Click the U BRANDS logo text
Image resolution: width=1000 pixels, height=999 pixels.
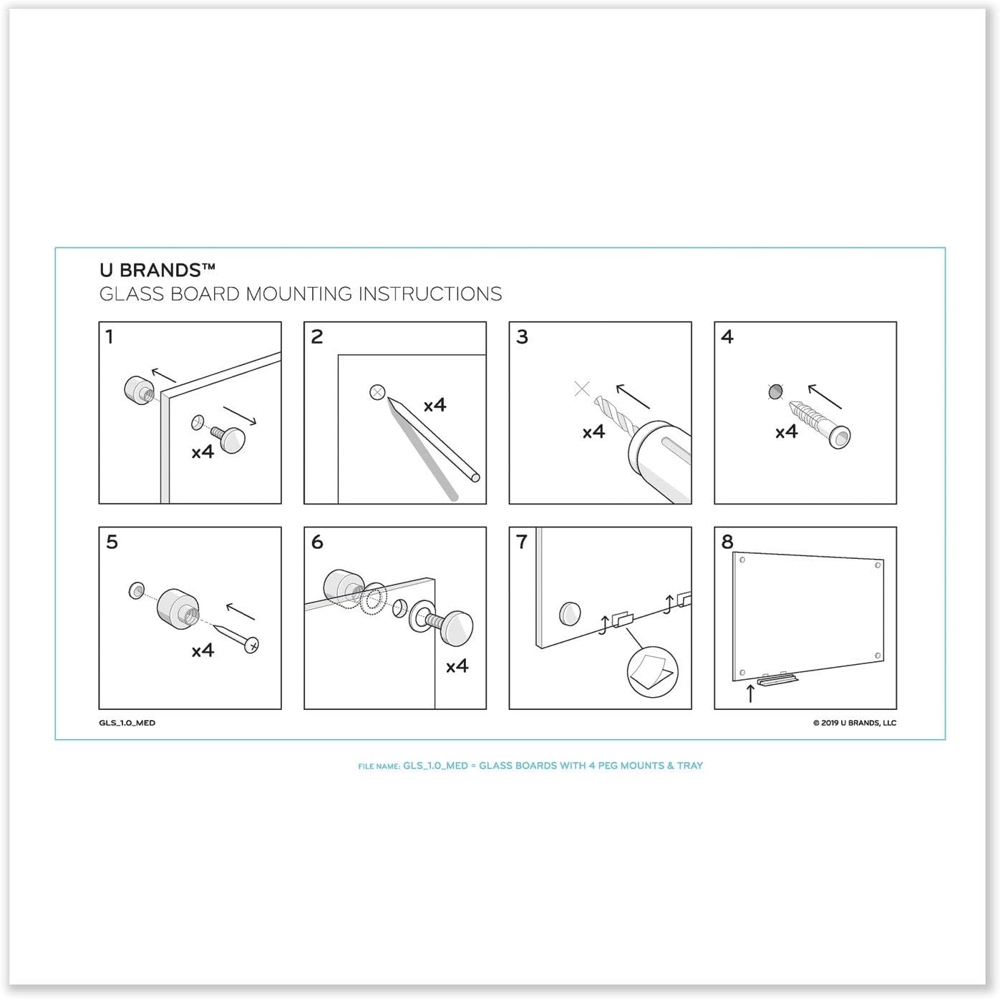(157, 270)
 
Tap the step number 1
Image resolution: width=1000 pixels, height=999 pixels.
(110, 336)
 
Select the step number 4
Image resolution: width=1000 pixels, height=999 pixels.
(727, 336)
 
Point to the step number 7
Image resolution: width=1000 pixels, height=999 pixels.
(522, 542)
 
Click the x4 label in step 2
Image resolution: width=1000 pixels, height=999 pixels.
(435, 405)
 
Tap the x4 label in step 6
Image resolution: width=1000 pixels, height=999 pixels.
(457, 666)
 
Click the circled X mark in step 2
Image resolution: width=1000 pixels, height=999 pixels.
(377, 392)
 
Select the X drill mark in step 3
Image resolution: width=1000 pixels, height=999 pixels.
(582, 389)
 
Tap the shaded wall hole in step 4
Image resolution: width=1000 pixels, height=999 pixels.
(775, 391)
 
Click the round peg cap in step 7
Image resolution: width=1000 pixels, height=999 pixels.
(570, 613)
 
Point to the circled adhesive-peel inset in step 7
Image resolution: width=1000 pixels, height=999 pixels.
(651, 671)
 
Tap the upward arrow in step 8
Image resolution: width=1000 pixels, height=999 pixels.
(750, 692)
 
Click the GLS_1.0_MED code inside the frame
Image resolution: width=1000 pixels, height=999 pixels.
(127, 723)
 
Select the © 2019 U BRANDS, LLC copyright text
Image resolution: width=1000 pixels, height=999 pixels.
(854, 723)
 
